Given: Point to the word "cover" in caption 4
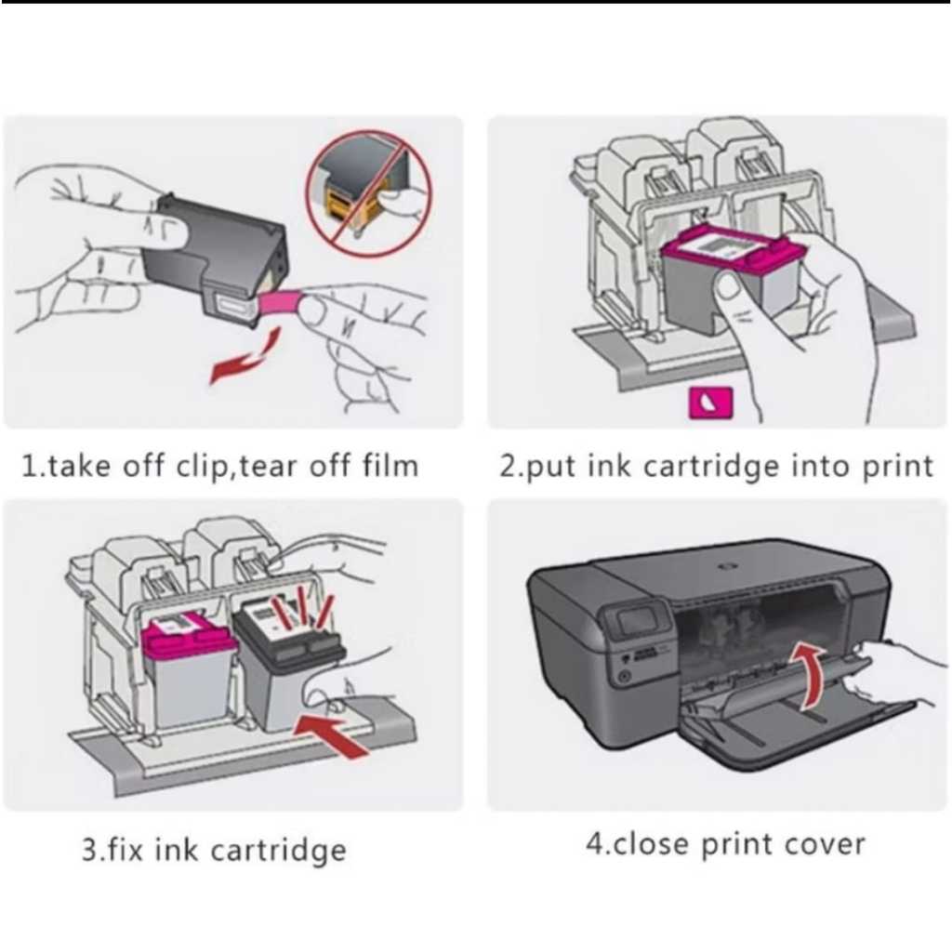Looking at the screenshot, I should [823, 844].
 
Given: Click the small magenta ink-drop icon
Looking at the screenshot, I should [709, 402].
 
